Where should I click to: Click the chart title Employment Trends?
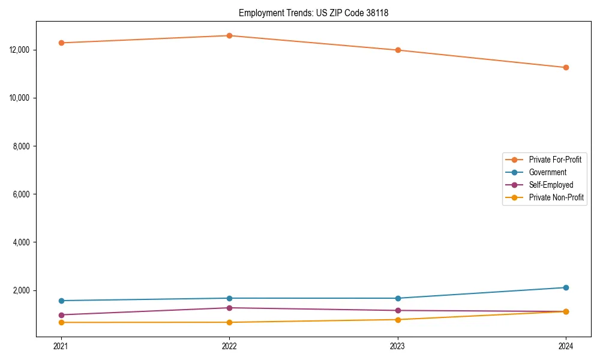[x=313, y=13]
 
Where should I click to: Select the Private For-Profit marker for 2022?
[x=229, y=35]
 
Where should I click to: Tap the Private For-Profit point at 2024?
[x=566, y=67]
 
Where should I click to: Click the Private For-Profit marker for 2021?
[x=61, y=43]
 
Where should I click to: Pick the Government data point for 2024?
[x=566, y=287]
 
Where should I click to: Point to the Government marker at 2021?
[x=61, y=301]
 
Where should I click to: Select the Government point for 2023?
[x=398, y=298]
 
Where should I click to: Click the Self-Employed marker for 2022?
[x=229, y=308]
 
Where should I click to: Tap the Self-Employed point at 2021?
[x=61, y=315]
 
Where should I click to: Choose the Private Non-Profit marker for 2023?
[x=398, y=319]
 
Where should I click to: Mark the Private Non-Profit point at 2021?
[x=61, y=322]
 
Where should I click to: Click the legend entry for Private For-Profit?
[x=554, y=160]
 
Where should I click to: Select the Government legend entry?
[x=547, y=172]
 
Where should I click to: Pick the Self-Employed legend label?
[x=551, y=185]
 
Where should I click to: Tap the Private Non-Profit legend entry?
[x=556, y=197]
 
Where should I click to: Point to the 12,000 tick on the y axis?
[x=21, y=50]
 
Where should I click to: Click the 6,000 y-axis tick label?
[x=23, y=194]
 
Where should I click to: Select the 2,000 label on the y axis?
[x=23, y=290]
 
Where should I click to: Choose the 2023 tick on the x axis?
[x=398, y=346]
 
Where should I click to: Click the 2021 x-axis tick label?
[x=61, y=346]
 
